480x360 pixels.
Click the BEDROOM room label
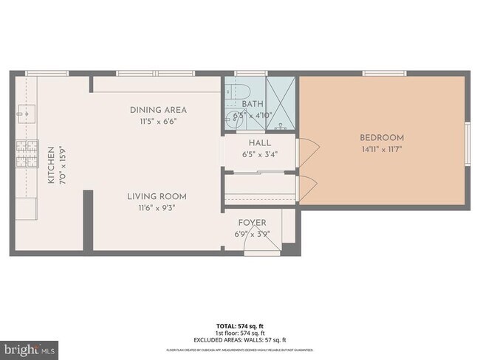tap(382, 137)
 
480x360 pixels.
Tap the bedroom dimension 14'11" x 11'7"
tap(382, 148)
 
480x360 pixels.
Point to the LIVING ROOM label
tap(156, 196)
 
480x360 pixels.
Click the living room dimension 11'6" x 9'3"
tap(156, 207)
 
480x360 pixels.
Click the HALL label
tap(260, 143)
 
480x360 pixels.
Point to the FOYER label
tap(252, 223)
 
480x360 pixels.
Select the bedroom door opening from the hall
tap(306, 151)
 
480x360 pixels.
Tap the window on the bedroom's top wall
tap(383, 73)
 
